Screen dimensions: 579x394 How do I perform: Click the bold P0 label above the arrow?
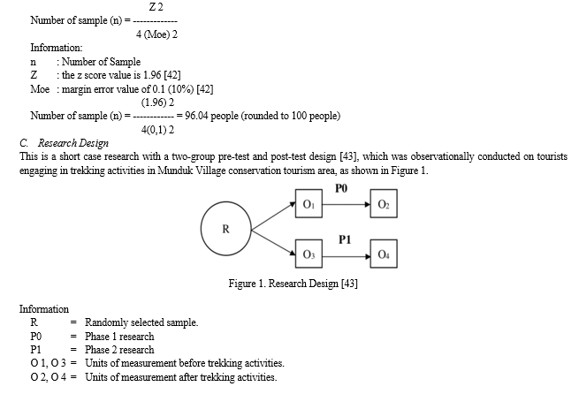341,188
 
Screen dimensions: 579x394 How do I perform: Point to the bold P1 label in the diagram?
345,239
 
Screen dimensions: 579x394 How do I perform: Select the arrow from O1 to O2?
347,204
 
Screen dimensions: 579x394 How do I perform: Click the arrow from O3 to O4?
347,256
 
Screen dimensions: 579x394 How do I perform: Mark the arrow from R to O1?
273,216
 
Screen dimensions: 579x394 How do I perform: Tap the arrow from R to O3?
273,243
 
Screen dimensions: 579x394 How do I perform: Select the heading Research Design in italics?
73,143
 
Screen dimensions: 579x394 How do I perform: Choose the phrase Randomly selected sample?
141,322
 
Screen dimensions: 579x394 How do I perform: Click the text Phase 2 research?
119,350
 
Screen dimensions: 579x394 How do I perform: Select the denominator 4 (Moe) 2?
156,34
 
